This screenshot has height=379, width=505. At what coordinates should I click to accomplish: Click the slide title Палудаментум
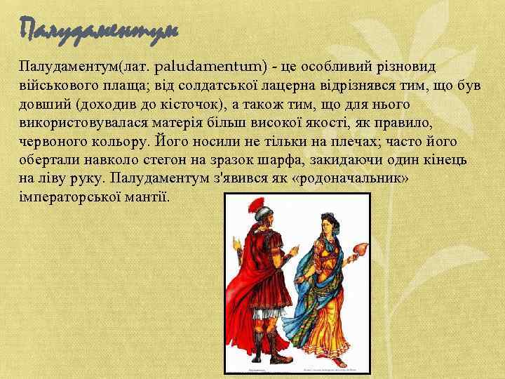pos(100,29)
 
